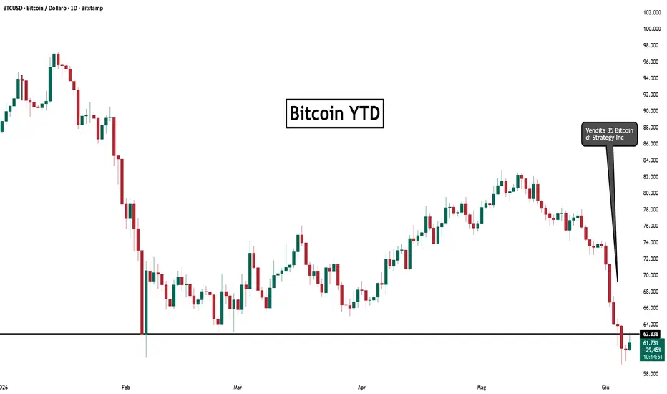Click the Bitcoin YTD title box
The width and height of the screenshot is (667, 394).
point(335,113)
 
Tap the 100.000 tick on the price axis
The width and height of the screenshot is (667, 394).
point(652,29)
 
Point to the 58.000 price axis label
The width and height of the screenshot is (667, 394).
point(652,374)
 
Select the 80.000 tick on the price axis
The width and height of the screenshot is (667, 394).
point(652,193)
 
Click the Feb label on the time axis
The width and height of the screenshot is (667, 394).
point(125,387)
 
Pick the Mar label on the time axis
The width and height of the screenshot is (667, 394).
point(238,387)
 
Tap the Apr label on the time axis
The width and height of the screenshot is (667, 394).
point(361,387)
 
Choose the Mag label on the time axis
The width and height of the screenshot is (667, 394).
point(482,387)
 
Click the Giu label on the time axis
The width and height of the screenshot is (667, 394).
point(605,387)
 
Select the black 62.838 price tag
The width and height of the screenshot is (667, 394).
point(651,334)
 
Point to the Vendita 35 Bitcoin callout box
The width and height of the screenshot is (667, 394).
point(609,134)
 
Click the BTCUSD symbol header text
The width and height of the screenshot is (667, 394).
point(53,8)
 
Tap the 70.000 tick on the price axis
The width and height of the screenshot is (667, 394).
point(652,275)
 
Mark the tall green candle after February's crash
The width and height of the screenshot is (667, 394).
point(146,302)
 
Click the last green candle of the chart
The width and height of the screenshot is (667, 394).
point(630,345)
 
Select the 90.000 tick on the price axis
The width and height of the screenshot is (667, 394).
point(652,111)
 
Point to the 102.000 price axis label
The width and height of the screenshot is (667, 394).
point(652,13)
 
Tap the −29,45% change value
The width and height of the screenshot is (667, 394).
point(652,350)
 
